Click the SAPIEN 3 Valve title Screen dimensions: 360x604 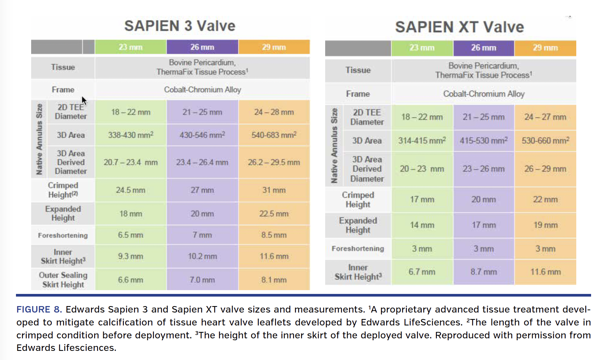point(180,26)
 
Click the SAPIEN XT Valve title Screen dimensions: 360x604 point(459,27)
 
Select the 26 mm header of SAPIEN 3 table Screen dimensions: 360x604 point(202,47)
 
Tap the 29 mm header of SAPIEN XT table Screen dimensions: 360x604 point(545,48)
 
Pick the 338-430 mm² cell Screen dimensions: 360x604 point(130,135)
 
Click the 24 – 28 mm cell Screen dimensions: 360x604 point(274,112)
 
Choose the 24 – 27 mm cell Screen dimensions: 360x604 point(545,117)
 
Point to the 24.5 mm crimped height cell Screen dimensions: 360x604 point(130,190)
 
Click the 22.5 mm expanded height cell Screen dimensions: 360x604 point(274,213)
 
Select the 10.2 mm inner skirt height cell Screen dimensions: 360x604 point(202,256)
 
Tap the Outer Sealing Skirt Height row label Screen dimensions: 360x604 point(63,280)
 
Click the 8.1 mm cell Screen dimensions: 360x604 point(274,280)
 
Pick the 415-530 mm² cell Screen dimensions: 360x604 point(484,141)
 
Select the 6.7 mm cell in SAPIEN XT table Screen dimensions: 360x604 point(422,272)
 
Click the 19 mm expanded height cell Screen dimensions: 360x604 point(545,225)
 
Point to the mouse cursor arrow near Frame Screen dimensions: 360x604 point(84,101)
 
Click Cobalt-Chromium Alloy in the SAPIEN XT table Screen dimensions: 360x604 point(484,94)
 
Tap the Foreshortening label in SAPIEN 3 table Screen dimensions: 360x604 point(63,235)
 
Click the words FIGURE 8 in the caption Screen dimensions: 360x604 point(39,309)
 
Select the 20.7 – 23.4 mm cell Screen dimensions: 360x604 point(130,163)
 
